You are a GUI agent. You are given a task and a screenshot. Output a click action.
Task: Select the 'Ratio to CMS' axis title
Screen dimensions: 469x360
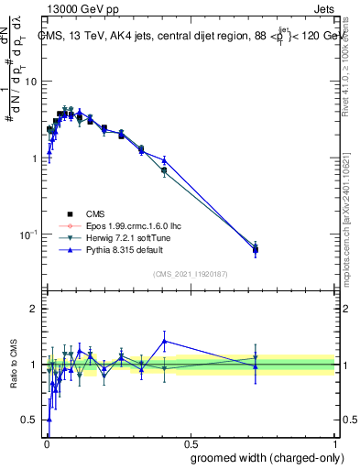coord(14,364)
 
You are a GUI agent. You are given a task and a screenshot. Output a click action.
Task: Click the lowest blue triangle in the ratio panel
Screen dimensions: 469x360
coord(49,420)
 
